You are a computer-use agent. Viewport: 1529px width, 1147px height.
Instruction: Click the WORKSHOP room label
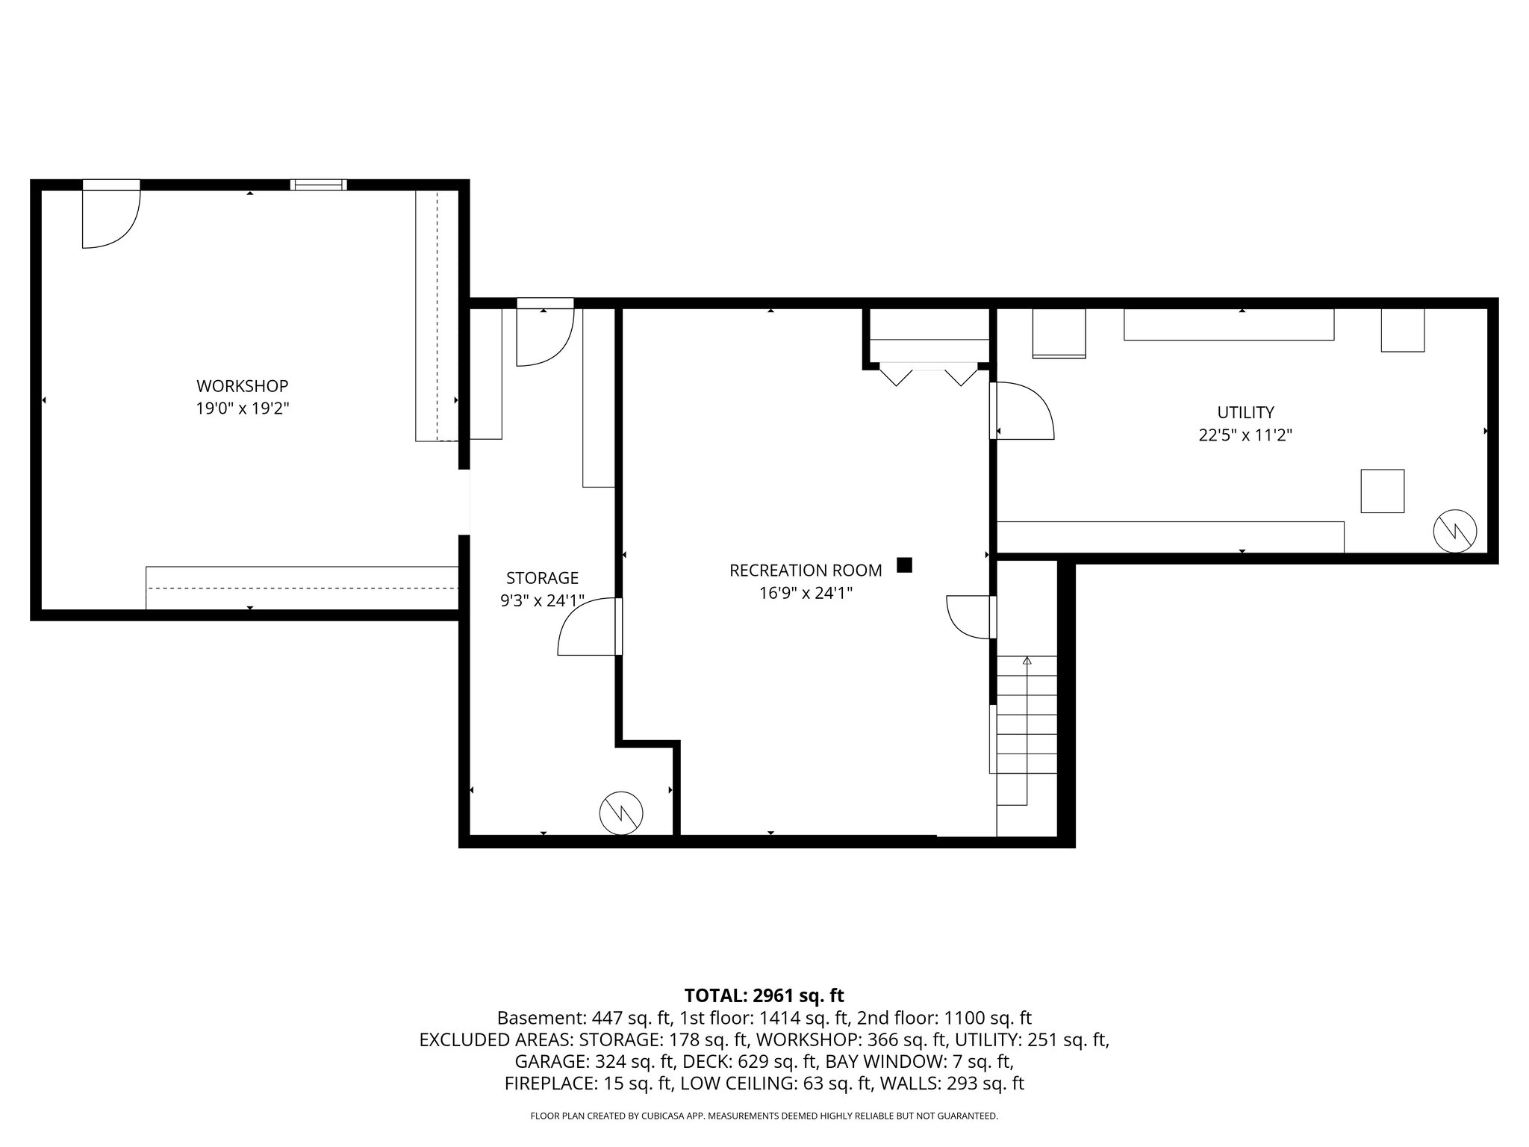[x=242, y=386]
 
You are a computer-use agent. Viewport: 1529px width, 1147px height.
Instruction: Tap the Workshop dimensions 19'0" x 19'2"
[x=242, y=408]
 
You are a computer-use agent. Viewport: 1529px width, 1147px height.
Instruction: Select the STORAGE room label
[x=542, y=577]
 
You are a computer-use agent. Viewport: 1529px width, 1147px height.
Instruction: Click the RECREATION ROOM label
[x=805, y=571]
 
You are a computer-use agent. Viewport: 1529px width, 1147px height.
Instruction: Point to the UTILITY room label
[x=1245, y=412]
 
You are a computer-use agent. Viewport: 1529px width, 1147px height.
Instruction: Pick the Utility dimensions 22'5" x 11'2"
[x=1245, y=435]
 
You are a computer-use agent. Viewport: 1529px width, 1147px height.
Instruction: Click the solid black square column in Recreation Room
[x=904, y=565]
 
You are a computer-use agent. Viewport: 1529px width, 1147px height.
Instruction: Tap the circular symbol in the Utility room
[x=1455, y=531]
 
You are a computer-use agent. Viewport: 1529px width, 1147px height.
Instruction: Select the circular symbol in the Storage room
[x=621, y=812]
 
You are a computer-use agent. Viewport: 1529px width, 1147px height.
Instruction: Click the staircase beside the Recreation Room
[x=1027, y=732]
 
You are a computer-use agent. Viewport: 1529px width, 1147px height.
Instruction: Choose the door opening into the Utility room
[x=1023, y=411]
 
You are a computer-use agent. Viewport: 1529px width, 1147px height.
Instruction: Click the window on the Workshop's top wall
[x=319, y=184]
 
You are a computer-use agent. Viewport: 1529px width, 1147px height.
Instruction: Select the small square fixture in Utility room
[x=1382, y=491]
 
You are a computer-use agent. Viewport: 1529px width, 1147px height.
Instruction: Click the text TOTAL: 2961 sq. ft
[x=764, y=995]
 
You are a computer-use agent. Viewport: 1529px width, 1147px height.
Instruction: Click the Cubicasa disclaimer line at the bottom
[x=764, y=1116]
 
